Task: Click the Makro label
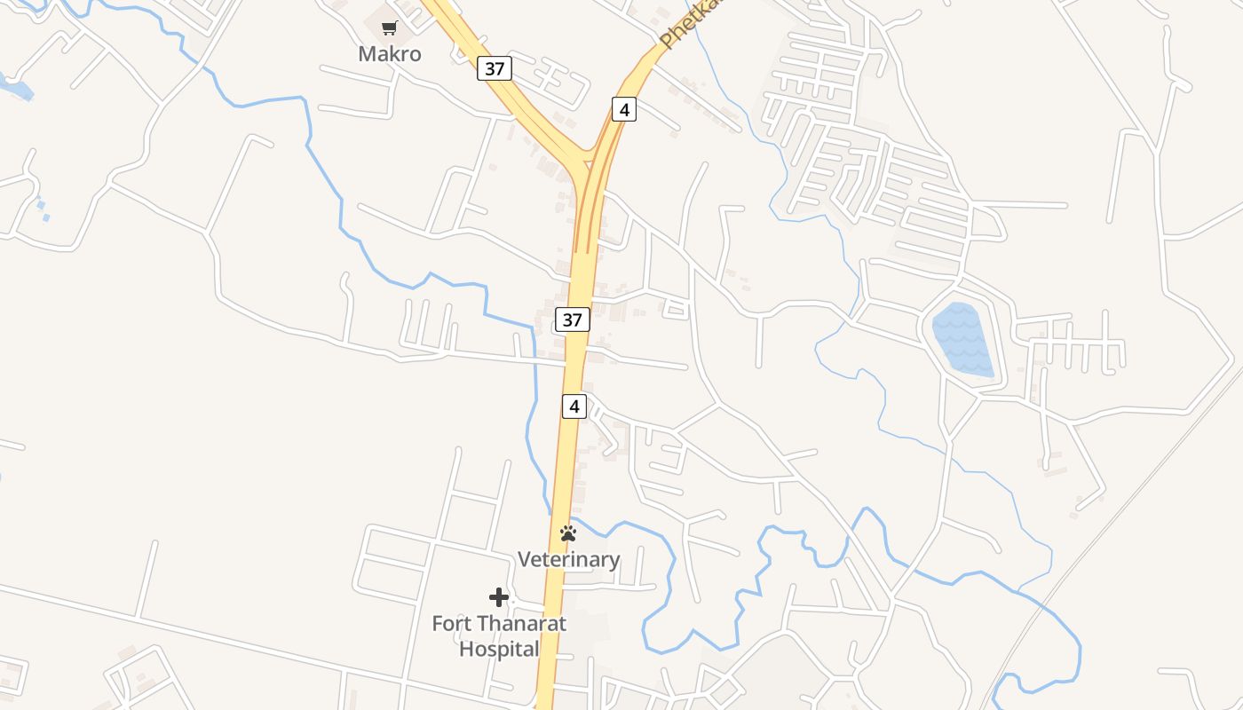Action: tap(389, 54)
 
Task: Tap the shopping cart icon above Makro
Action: tap(389, 28)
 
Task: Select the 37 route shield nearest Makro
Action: tap(495, 68)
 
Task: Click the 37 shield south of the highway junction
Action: tap(573, 319)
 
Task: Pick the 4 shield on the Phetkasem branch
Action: tap(624, 110)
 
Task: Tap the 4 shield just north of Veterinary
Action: tap(574, 406)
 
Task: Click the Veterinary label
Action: tap(568, 559)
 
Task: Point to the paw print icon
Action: tap(568, 533)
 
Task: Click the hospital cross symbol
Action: tap(499, 597)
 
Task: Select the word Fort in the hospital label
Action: tap(451, 623)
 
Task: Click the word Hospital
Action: tap(499, 649)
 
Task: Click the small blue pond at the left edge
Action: tap(20, 89)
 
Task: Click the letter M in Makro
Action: tap(367, 54)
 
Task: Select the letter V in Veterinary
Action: tap(525, 559)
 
